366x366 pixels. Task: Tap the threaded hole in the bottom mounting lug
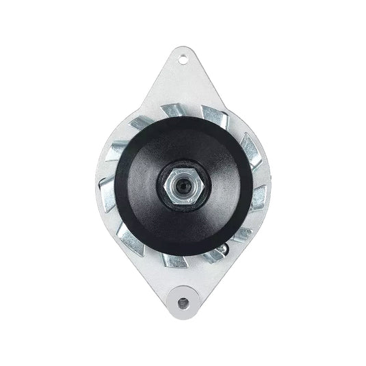tap(183, 299)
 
